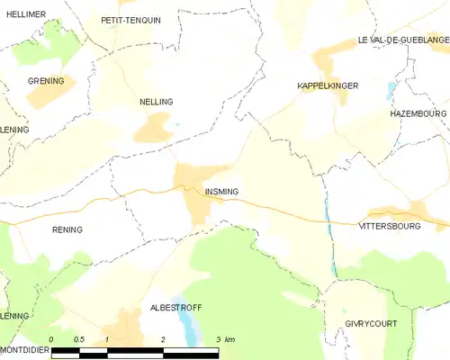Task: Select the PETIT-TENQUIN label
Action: coord(130,20)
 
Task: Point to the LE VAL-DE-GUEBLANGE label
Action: coord(402,40)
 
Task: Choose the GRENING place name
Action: coord(45,81)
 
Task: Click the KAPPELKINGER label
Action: coord(328,85)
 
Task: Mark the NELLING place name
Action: coord(157,103)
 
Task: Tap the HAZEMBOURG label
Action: coord(418,114)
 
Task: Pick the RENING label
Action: coord(67,229)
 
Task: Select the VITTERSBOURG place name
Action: coord(390,226)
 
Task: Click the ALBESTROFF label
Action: coord(175,308)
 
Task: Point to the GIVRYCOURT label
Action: coord(370,322)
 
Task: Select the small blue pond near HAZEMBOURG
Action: coord(390,91)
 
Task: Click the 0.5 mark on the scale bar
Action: coord(79,338)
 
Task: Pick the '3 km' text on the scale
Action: coord(225,338)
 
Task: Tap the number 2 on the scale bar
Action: coord(163,338)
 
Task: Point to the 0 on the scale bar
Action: coord(52,338)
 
